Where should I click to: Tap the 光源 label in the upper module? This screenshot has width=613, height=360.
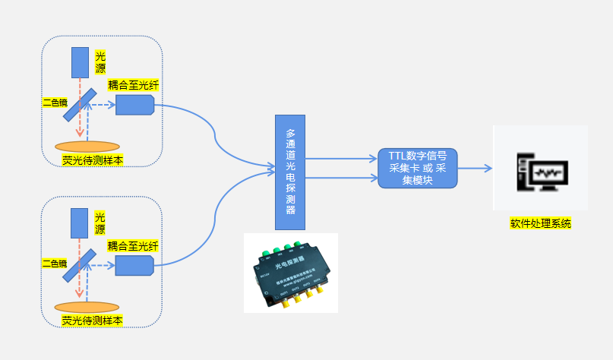(100, 62)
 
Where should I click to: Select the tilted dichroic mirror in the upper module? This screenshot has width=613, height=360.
(79, 105)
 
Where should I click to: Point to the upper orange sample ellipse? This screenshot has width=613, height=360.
(87, 146)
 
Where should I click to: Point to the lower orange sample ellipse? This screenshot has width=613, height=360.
(87, 306)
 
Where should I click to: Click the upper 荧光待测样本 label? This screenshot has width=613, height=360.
(92, 160)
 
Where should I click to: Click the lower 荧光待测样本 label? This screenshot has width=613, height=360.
(92, 320)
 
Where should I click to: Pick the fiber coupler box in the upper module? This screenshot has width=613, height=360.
(134, 105)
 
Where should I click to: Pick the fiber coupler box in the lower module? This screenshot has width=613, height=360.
(134, 265)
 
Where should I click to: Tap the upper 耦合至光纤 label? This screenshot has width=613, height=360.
(132, 85)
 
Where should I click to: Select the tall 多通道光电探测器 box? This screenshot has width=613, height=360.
(289, 172)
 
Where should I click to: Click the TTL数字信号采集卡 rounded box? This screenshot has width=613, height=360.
(418, 169)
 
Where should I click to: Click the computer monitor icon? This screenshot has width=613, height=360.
(540, 168)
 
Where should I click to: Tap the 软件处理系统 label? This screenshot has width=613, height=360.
(540, 224)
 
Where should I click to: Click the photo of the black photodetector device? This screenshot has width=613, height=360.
(291, 273)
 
